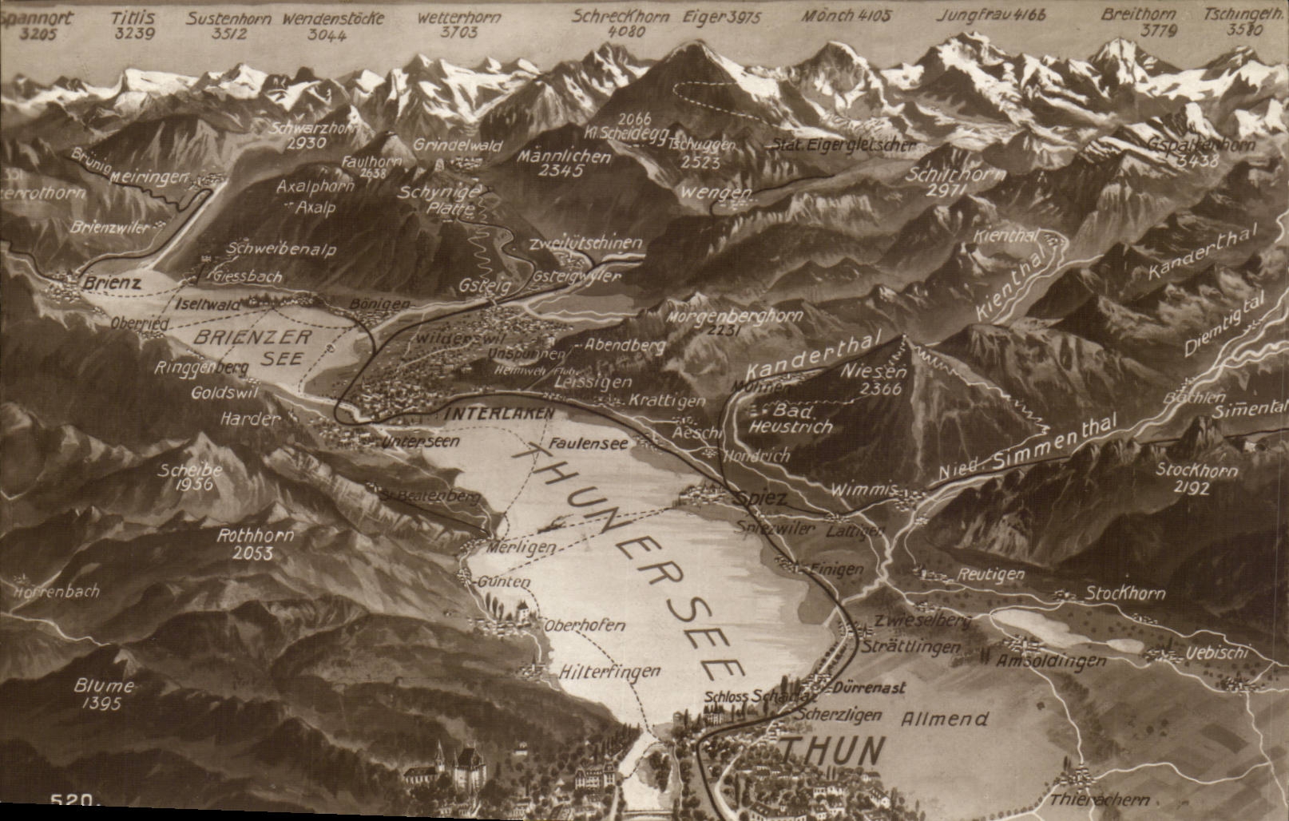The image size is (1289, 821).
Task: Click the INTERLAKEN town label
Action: [x=499, y=414]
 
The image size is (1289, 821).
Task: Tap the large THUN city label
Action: [x=833, y=752]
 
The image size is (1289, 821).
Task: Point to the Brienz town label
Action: [x=112, y=283]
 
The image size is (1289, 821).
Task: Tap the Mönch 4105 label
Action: [x=846, y=15]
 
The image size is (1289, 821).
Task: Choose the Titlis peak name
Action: [x=133, y=17]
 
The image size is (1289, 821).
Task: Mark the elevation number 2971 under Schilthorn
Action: [x=947, y=190]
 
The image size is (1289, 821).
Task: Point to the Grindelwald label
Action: [x=458, y=145]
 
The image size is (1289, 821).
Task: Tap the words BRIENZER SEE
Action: [x=252, y=347]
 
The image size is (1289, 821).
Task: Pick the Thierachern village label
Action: [x=1099, y=799]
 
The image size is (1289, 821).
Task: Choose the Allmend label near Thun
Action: [x=944, y=719]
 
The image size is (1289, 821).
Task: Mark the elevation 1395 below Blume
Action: [x=101, y=704]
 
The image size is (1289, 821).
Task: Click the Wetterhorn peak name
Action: [x=459, y=17]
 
